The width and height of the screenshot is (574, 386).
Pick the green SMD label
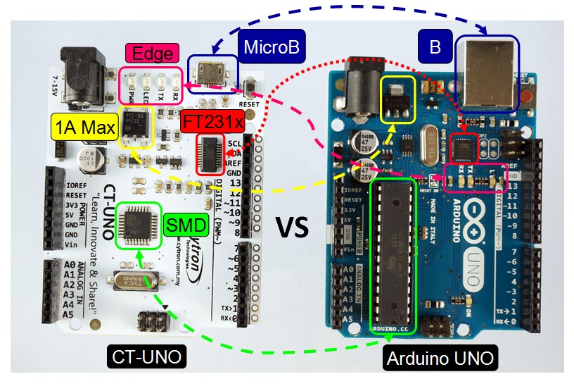185,226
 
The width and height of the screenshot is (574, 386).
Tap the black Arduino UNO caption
440,359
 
